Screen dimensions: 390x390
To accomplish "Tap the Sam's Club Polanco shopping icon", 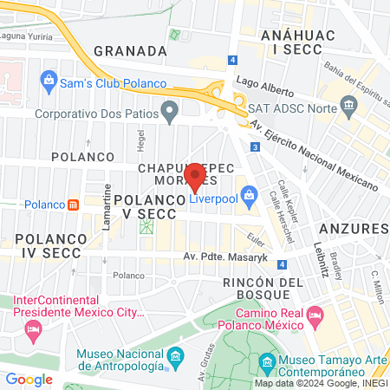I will pos(49,83).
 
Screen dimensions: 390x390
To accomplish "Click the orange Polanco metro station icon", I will pos(74,205).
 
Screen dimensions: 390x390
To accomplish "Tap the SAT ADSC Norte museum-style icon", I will pos(349,107).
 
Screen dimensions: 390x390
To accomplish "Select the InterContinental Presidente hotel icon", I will pos(33,329).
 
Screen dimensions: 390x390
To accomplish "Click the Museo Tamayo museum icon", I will pos(267,360).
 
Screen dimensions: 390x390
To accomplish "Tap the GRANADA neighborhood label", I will pos(130,51).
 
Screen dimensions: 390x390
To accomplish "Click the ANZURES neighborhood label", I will pos(353,228).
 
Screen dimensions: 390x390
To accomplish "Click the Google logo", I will pos(29,379).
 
